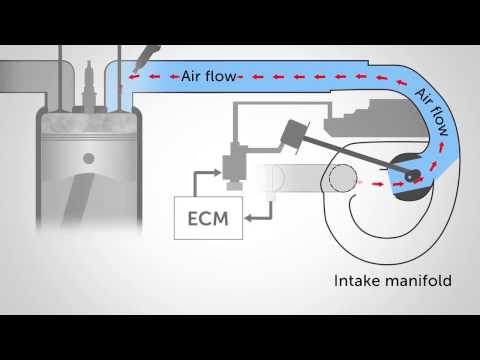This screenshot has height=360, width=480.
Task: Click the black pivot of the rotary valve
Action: [x=412, y=176]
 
